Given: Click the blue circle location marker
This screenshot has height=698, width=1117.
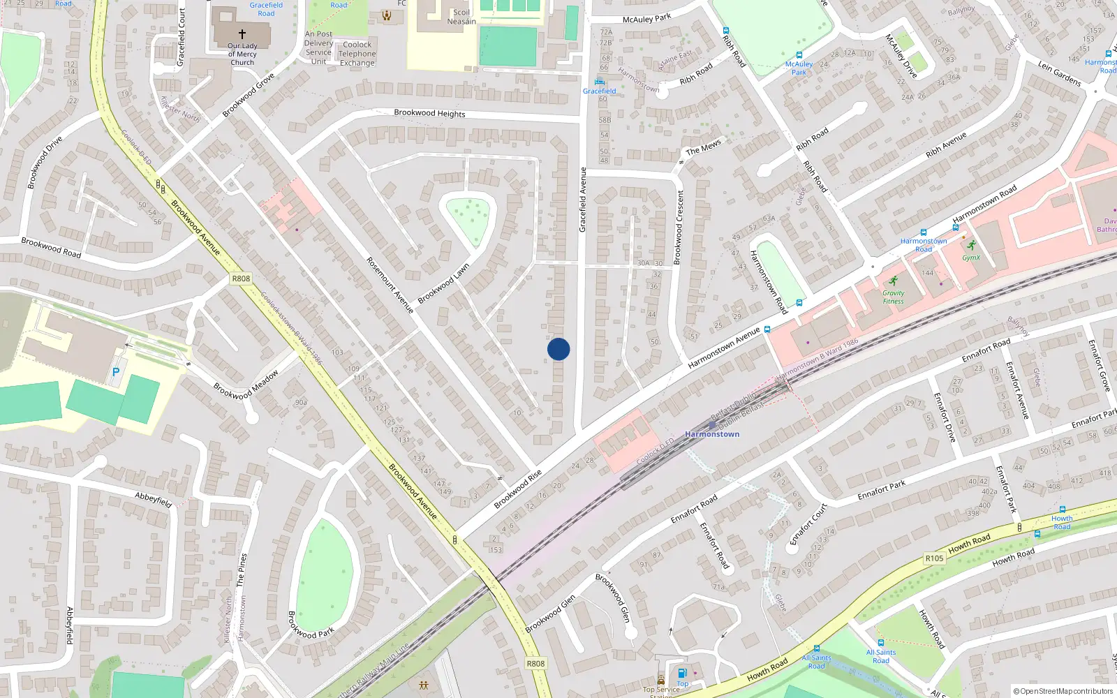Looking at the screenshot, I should coord(558,349).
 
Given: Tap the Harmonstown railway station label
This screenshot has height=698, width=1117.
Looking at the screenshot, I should coord(712,434).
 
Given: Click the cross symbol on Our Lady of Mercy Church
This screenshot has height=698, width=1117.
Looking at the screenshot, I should coord(242,34).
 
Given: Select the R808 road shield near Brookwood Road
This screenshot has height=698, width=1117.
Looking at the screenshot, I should coord(241,279).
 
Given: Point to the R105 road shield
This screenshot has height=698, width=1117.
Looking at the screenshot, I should coord(934,558).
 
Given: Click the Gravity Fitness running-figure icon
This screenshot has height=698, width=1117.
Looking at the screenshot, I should coord(893,281).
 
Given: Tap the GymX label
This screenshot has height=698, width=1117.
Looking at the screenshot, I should coord(971,258).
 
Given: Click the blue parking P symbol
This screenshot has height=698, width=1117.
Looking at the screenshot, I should coord(116,373).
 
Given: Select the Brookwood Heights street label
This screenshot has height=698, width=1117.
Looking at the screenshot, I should coord(429,113).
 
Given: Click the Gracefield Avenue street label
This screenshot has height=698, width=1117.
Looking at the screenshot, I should coord(583,200).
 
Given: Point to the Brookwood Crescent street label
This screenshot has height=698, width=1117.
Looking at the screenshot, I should coord(679,228).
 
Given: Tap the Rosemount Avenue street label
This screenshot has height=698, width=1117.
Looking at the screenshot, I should coord(390,285).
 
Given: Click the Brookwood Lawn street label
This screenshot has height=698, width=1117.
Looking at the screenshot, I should coord(443,283).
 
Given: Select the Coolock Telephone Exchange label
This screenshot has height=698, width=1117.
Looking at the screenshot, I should coord(357,54).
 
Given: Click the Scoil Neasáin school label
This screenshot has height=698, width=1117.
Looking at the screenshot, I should coord(461,17).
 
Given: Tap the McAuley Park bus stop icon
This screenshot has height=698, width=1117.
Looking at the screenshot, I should coord(799,55).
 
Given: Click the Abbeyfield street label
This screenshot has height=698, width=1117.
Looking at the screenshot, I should coord(154,499).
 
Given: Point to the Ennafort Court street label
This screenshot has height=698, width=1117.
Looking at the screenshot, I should coord(808,524).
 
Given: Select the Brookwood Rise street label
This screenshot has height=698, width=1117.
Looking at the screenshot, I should coord(518,489).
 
